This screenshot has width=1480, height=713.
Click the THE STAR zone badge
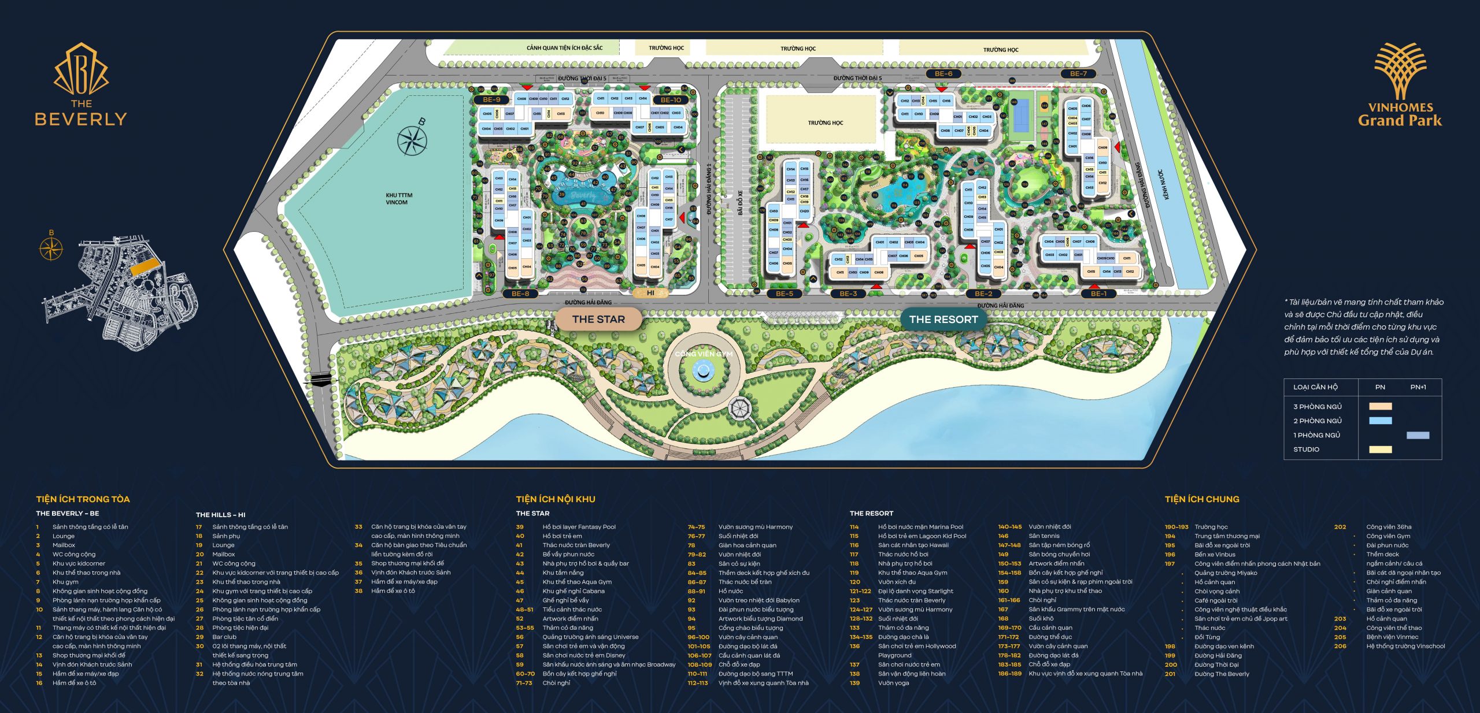point(598,319)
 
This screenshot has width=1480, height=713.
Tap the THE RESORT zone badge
point(943,319)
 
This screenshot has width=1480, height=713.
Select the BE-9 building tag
point(491,99)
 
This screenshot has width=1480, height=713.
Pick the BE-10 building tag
point(671,99)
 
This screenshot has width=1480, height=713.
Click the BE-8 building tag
point(520,294)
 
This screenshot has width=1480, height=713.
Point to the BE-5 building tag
point(785,294)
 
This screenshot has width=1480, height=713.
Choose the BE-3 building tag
point(848,294)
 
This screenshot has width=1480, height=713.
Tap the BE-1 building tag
point(1098,294)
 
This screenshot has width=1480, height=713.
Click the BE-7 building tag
point(1078,73)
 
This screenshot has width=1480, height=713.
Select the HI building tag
point(650,293)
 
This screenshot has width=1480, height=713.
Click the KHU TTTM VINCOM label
point(399,199)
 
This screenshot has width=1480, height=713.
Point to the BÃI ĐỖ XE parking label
point(740,203)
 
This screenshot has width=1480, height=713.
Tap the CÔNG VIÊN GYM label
point(704,354)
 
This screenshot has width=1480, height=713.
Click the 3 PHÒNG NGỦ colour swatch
point(1380,406)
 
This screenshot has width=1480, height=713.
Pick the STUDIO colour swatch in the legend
point(1380,450)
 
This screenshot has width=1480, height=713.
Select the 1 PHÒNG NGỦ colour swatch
point(1418,435)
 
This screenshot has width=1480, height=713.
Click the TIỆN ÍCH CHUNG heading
point(1202,499)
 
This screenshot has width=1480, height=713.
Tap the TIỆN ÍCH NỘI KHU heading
point(556,499)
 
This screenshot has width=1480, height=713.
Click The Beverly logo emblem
point(81,69)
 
